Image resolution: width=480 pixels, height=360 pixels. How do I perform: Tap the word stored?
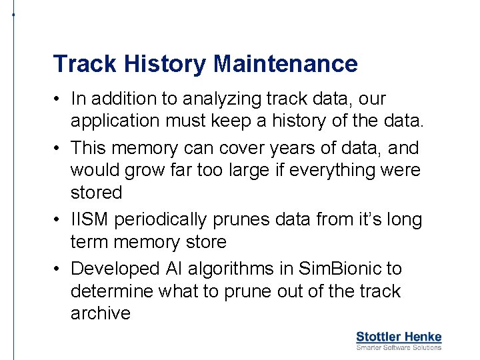97,193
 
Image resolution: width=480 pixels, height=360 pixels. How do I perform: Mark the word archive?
100,314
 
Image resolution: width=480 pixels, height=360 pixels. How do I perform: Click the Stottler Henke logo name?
399,337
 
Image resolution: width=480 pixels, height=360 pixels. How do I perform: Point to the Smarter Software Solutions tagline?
399,347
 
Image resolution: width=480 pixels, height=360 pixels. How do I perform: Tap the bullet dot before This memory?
59,148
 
